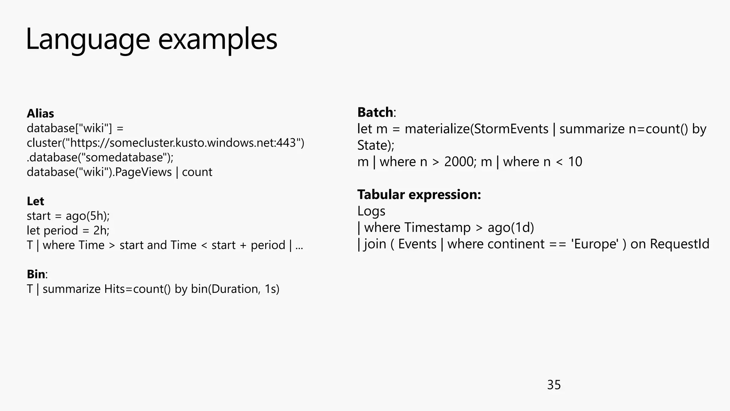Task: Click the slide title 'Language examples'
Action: (151, 39)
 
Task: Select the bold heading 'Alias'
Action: (40, 113)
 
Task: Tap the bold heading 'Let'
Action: (35, 201)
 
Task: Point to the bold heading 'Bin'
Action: (36, 274)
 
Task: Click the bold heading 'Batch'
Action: (375, 112)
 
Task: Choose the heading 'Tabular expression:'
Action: (419, 194)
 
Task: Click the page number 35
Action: (554, 385)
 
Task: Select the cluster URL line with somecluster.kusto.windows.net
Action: (165, 143)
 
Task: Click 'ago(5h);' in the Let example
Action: (88, 216)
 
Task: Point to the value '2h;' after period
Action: (101, 230)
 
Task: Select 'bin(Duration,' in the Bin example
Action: (225, 289)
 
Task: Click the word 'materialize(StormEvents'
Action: (476, 129)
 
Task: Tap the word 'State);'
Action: (376, 146)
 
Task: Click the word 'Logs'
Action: (371, 211)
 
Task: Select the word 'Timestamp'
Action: (437, 228)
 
